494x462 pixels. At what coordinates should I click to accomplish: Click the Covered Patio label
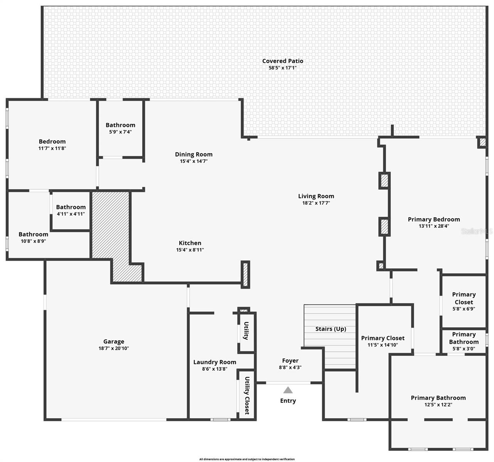[282, 61]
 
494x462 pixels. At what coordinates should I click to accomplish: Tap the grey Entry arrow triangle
[288, 390]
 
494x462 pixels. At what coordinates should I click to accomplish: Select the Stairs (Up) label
[331, 329]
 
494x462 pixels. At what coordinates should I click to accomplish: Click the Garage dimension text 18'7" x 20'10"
[114, 348]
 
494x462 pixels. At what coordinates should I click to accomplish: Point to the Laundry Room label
[215, 362]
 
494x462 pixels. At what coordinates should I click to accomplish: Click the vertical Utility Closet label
[247, 395]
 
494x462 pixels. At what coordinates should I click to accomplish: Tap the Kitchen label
[190, 243]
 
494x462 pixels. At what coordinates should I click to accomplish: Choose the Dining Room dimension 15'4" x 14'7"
[193, 161]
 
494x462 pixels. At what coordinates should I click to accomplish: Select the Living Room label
[316, 196]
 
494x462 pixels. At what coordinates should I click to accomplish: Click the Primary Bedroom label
[434, 219]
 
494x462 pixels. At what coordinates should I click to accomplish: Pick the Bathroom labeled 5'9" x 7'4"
[120, 125]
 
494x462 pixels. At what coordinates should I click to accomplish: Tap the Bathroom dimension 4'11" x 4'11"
[71, 214]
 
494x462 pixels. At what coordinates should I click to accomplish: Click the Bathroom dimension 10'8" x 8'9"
[33, 241]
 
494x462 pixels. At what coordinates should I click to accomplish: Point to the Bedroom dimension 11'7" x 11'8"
[52, 148]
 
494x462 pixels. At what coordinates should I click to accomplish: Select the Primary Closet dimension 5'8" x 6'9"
[464, 309]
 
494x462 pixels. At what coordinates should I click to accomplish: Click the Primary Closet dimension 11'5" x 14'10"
[383, 345]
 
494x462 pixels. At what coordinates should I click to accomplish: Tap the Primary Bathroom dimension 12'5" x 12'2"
[438, 405]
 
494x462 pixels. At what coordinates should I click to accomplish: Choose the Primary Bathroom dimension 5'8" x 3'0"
[464, 349]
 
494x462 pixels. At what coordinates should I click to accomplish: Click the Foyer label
[290, 361]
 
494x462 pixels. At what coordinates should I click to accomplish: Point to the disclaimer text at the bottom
[247, 459]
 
